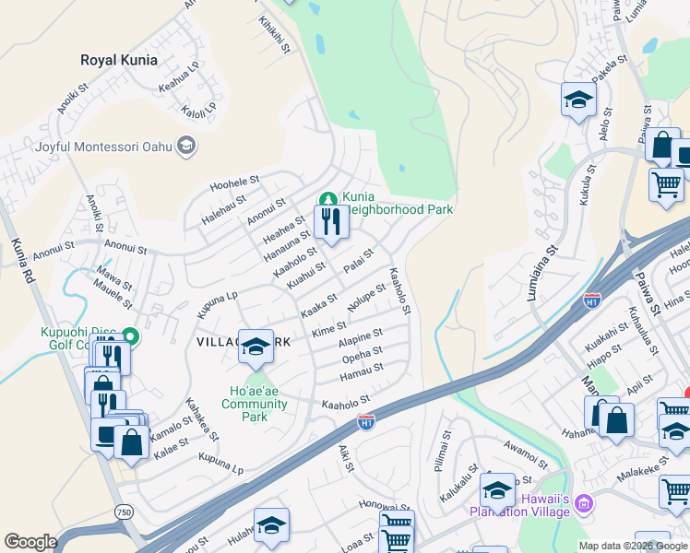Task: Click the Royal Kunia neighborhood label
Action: pyautogui.click(x=118, y=60)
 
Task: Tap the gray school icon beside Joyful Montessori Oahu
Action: pyautogui.click(x=187, y=146)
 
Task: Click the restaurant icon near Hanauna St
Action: pyautogui.click(x=330, y=220)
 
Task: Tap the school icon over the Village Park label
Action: pyautogui.click(x=256, y=346)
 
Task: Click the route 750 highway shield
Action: pyautogui.click(x=123, y=511)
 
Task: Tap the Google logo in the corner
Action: pyautogui.click(x=30, y=542)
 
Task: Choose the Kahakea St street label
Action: pyautogui.click(x=203, y=418)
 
